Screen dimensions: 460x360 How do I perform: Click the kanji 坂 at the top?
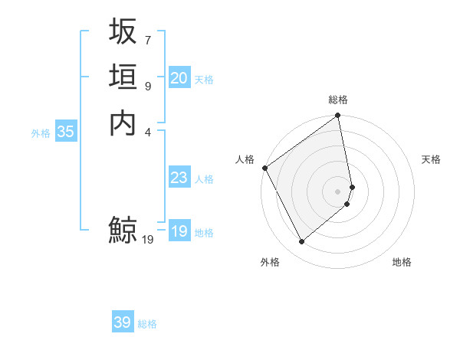pyautogui.click(x=123, y=32)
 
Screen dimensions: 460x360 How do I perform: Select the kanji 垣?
pyautogui.click(x=123, y=77)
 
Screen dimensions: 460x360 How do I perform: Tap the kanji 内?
pyautogui.click(x=123, y=123)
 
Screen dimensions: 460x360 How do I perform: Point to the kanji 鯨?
pyautogui.click(x=123, y=230)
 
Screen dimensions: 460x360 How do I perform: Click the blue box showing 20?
pyautogui.click(x=179, y=78)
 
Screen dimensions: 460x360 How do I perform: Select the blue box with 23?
pyautogui.click(x=179, y=178)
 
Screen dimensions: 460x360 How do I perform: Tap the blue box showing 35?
pyautogui.click(x=66, y=132)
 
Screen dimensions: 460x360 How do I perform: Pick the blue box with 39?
pyautogui.click(x=123, y=322)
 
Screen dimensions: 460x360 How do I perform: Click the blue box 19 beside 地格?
pyautogui.click(x=179, y=232)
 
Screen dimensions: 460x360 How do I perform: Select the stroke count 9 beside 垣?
pyautogui.click(x=147, y=86)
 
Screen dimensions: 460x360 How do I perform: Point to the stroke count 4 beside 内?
pyautogui.click(x=147, y=131)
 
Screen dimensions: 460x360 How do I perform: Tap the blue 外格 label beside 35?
pyautogui.click(x=41, y=133)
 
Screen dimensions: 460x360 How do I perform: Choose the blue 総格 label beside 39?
pyautogui.click(x=147, y=324)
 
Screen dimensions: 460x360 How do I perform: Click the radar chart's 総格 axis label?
pyautogui.click(x=338, y=100)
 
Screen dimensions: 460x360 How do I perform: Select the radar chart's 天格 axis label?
pyautogui.click(x=431, y=159)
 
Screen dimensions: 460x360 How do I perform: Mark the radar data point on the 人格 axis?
pyautogui.click(x=264, y=168)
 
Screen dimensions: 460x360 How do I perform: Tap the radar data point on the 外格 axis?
pyautogui.click(x=301, y=242)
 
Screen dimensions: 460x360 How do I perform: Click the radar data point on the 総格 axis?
pyautogui.click(x=338, y=116)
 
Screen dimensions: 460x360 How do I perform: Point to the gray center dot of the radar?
pyautogui.click(x=338, y=191)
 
